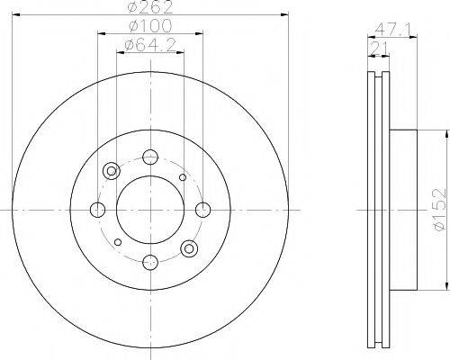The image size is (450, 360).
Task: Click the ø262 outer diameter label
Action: (x=149, y=7)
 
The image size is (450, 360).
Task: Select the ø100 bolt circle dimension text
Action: (x=149, y=27)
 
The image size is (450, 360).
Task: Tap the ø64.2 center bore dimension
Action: (x=149, y=43)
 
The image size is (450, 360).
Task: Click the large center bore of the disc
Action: (x=148, y=210)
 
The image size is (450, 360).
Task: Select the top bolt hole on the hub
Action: (x=148, y=158)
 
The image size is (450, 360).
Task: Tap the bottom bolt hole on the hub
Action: (x=148, y=262)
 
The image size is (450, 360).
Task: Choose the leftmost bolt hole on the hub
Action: (x=97, y=211)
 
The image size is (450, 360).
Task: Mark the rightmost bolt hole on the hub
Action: (x=200, y=211)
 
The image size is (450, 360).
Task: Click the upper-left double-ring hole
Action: (x=112, y=171)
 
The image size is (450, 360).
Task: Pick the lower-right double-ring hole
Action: (x=187, y=247)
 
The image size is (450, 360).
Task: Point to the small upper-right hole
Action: (x=183, y=177)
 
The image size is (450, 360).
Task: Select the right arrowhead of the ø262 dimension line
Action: (x=280, y=14)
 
